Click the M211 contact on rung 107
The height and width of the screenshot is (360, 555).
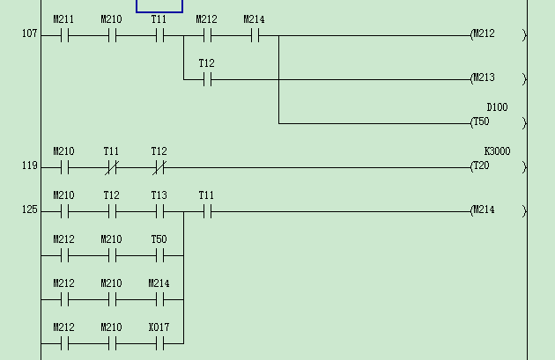pyautogui.click(x=64, y=36)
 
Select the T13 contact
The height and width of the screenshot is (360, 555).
pyautogui.click(x=159, y=212)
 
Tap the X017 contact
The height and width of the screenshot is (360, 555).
pyautogui.click(x=159, y=344)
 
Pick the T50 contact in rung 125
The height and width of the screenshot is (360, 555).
pyautogui.click(x=159, y=256)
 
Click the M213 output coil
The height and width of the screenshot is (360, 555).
pyautogui.click(x=498, y=78)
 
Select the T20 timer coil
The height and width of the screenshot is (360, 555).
pyautogui.click(x=498, y=166)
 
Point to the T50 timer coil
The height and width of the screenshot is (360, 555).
pyautogui.click(x=498, y=122)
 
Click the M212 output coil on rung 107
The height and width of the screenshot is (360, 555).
pyautogui.click(x=498, y=34)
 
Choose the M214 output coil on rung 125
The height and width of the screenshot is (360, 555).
pyautogui.click(x=498, y=210)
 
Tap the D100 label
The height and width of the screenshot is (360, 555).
pyautogui.click(x=497, y=107)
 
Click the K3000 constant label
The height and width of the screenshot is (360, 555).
pyautogui.click(x=497, y=151)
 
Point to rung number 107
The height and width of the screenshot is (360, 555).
pyautogui.click(x=30, y=35)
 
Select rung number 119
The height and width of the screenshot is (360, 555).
pyautogui.click(x=30, y=167)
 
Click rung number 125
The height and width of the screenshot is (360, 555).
pyautogui.click(x=30, y=211)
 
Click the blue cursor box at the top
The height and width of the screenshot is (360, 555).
pyautogui.click(x=159, y=5)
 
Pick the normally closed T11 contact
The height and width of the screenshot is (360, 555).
pyautogui.click(x=112, y=168)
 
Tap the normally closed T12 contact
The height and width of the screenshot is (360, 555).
pyautogui.click(x=159, y=168)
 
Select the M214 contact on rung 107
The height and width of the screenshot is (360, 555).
pyautogui.click(x=255, y=36)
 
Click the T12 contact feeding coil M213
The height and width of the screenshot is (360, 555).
pyautogui.click(x=207, y=80)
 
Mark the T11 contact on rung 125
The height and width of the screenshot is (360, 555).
pyautogui.click(x=207, y=212)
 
